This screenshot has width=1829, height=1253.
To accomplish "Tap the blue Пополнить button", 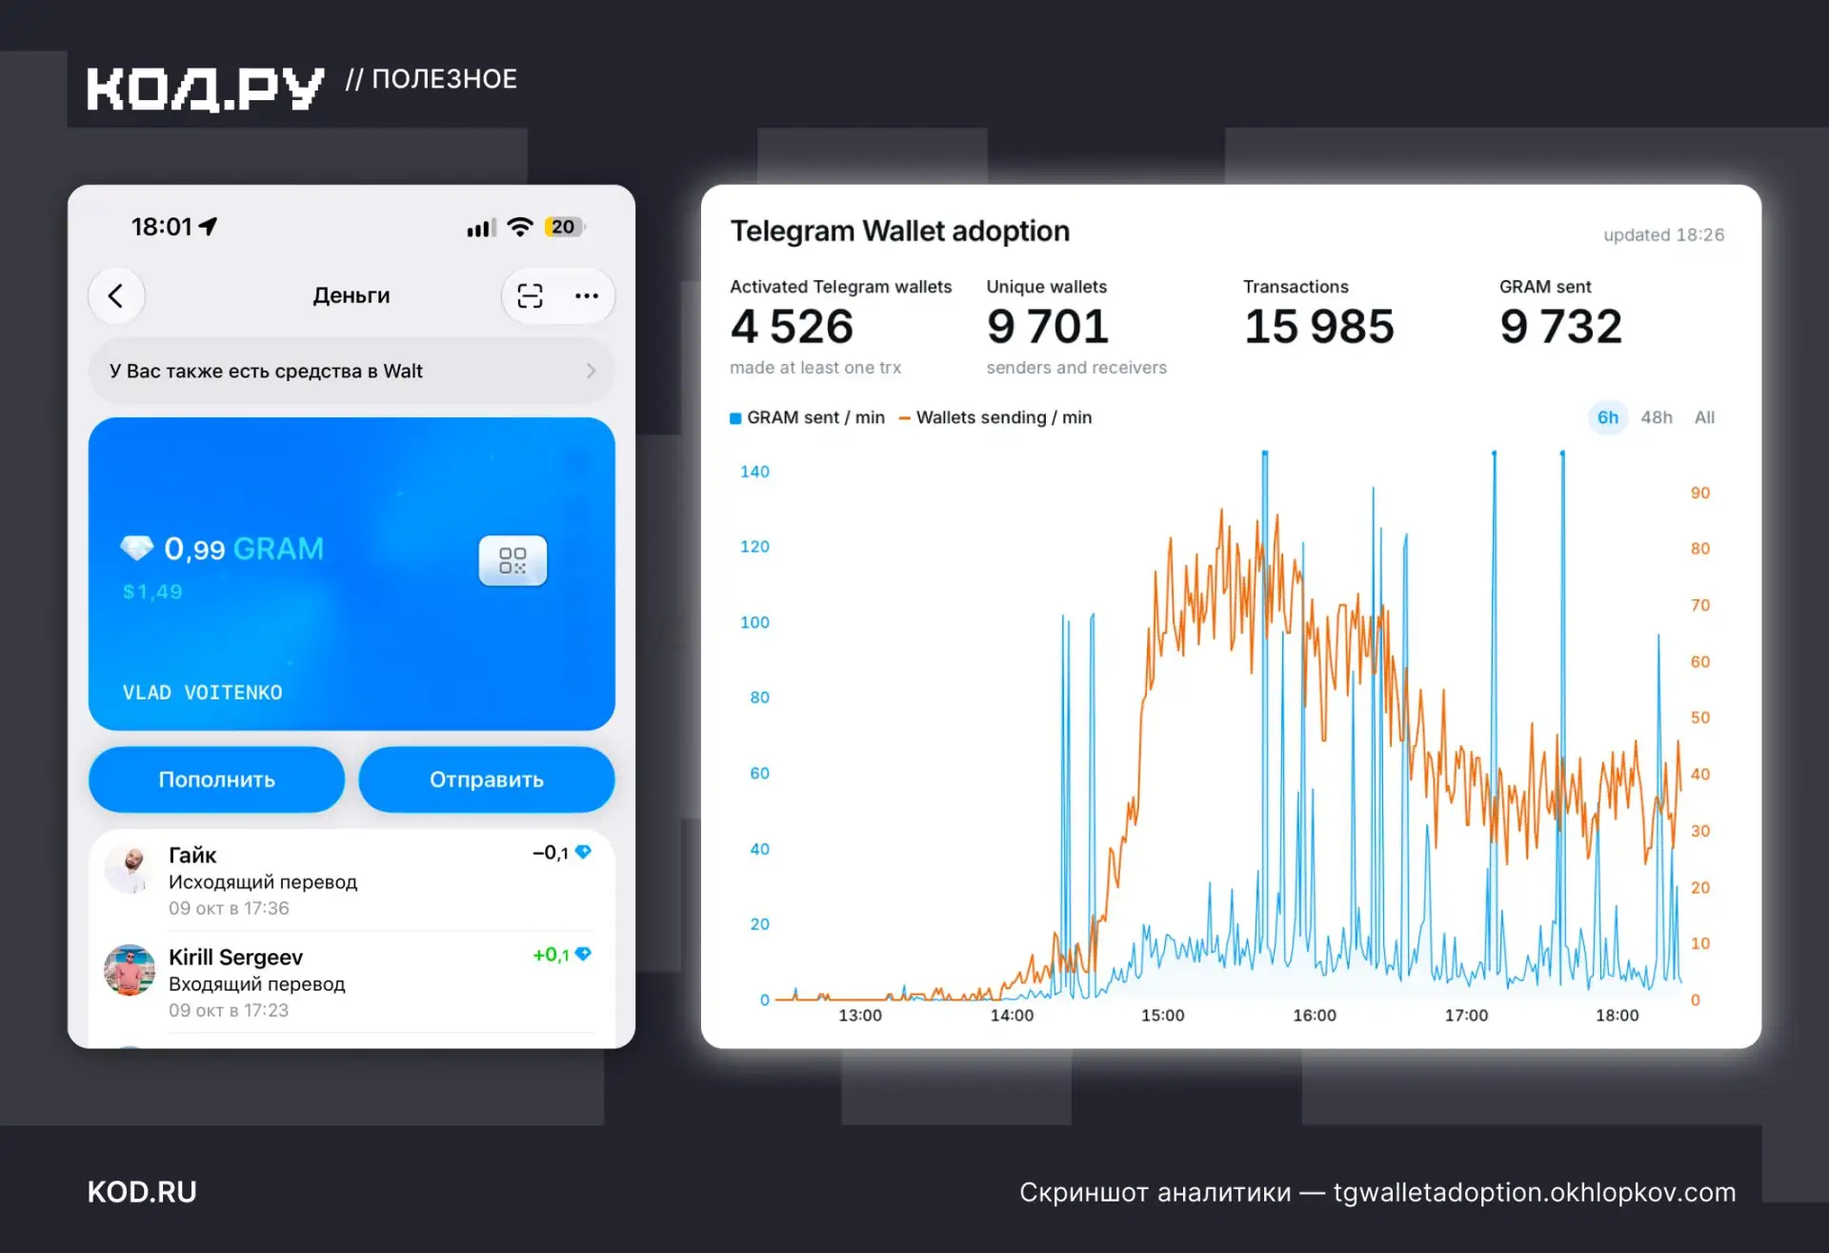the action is coord(216,779).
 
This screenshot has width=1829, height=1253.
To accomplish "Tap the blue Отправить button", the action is coord(487,779).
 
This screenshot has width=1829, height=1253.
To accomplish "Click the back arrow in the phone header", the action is coord(116,295).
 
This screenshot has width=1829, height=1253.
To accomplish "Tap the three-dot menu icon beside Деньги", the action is coord(587,295).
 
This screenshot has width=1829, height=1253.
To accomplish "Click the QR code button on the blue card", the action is coord(513,560).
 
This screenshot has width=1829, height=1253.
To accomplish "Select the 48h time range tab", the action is coord(1657,417).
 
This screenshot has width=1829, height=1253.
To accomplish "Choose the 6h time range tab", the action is coord(1608,417).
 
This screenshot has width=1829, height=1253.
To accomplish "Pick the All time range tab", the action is coord(1704,417).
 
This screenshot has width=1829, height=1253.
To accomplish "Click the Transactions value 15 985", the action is coord(1319,327).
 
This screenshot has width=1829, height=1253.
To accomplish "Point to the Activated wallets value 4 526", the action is coord(793,327).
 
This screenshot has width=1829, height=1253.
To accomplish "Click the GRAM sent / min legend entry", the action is coord(808,417).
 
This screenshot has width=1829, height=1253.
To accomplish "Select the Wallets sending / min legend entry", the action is coord(995,417).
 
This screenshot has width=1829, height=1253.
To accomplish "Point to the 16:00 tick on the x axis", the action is coord(1315,1016).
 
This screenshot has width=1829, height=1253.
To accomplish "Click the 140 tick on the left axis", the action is coord(754,472).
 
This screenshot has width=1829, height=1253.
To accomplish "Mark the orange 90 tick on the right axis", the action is coord(1700,493).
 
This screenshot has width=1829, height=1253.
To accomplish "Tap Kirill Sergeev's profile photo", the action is coord(130,970).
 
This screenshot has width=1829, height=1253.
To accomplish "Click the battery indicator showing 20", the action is coord(564,227).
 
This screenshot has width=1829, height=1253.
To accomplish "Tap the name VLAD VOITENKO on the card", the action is coord(203,693).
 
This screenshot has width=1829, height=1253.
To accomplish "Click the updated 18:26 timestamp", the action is coord(1663,234).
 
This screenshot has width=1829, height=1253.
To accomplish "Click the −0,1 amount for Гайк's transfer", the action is coord(551,853).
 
